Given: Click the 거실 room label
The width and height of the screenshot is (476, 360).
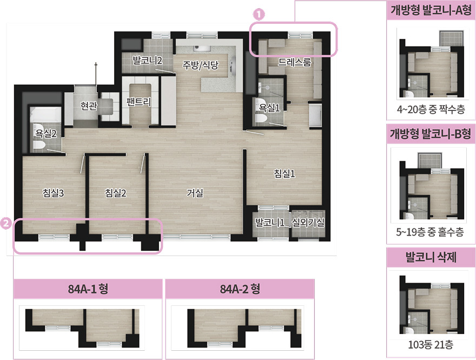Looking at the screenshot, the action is point(195,193).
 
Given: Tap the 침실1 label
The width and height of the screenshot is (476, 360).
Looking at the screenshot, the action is point(285,173).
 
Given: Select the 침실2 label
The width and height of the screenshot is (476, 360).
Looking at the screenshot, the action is point(115,193).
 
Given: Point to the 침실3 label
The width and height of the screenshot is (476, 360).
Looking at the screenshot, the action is point(54,193).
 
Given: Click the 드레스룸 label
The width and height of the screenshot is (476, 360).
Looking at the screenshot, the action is point(294,62).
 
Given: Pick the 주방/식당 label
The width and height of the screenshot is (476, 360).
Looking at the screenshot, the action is point(200,65).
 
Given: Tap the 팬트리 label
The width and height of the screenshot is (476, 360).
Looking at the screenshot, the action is point(138,101).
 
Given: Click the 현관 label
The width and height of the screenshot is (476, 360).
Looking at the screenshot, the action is point(89,106).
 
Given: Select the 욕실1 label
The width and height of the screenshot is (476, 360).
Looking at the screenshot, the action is point(269,108).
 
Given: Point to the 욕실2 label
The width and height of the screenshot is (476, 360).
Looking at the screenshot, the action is point(46,133).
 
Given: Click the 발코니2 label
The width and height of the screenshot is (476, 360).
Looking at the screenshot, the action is point(148,60).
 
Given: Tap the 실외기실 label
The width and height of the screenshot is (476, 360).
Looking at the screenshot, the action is point(308,222).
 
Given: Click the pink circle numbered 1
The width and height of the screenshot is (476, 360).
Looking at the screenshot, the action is point(259,14).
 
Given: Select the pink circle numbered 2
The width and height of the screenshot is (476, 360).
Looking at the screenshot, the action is point(6,224).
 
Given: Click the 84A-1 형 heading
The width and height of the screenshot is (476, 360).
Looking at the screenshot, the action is point(88,289).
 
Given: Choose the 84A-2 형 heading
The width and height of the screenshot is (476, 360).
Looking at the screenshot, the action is point(240,289).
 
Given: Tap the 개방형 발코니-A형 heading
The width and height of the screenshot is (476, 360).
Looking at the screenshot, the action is point(431,10).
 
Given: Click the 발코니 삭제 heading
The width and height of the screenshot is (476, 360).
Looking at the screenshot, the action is point(431,257).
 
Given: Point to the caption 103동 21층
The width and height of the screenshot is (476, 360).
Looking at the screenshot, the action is point(431,345).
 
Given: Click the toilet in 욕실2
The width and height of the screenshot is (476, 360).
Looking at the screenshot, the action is point(39,145).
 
